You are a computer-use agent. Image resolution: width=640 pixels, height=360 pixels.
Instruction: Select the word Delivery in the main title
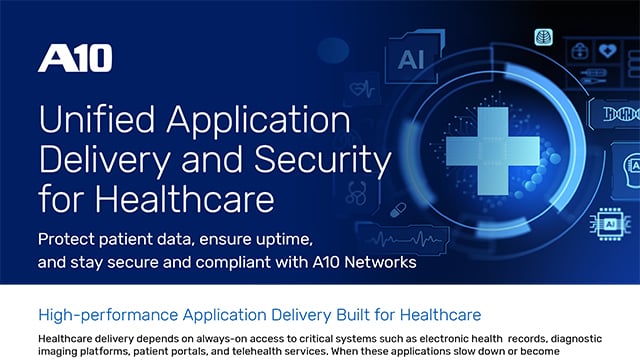pyautogui.click(x=96, y=159)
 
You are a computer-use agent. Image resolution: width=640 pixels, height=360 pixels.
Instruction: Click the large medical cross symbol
pyautogui.click(x=485, y=150)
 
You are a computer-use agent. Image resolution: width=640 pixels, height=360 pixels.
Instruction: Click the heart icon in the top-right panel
pyautogui.click(x=607, y=49)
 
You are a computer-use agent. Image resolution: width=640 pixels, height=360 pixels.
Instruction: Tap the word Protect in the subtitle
pyautogui.click(x=69, y=243)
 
